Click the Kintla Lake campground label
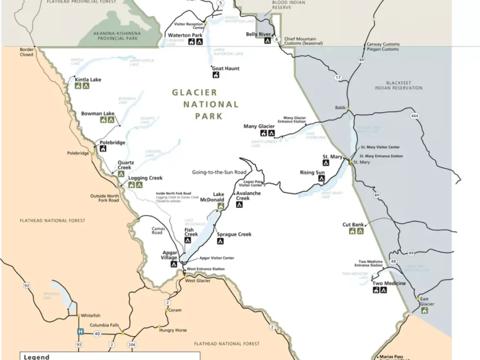point(88,80)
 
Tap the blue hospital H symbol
point(80,332)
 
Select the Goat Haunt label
point(226,69)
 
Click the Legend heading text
point(37,357)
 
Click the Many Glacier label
point(259,126)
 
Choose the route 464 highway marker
point(415,116)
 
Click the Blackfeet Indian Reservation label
point(398,85)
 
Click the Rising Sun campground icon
point(321,178)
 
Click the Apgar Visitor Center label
point(217,258)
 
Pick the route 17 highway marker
point(338,77)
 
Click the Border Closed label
point(27,52)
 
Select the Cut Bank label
point(353,224)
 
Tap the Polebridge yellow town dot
point(93,153)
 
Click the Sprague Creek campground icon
point(220,241)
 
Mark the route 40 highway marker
point(97,333)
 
